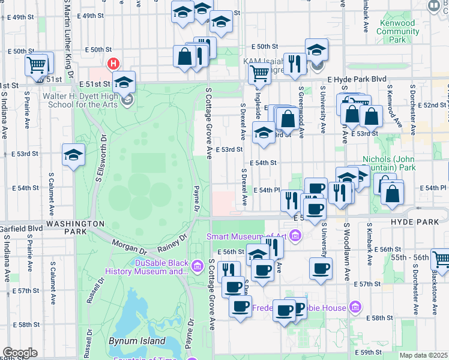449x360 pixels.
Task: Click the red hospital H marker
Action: (112, 64)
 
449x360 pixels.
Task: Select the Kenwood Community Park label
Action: (397, 31)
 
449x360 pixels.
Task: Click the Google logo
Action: (19, 353)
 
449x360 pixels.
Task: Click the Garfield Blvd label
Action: (21, 229)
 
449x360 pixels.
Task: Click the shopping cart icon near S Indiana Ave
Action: (37, 64)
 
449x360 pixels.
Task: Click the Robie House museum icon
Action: (355, 308)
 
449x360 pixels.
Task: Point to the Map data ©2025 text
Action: (423, 355)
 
